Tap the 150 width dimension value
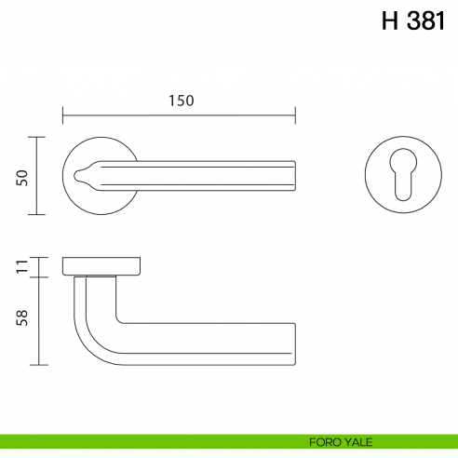[x=182, y=101]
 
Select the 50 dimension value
[x=21, y=176]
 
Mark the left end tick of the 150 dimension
[x=63, y=116]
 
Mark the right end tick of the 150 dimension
[x=295, y=116]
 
